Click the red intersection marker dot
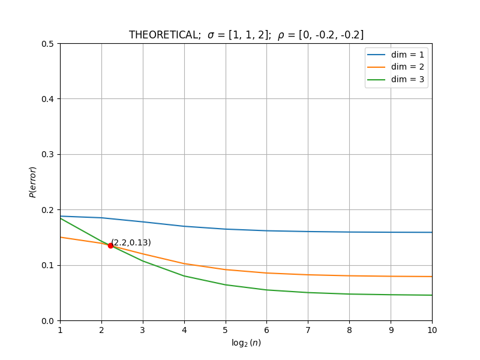110,245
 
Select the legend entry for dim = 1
395,55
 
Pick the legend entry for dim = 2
395,67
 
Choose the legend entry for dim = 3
395,80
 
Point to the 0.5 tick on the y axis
47,44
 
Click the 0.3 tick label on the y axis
47,155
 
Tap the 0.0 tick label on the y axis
47,321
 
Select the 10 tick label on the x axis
432,331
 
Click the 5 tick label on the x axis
226,331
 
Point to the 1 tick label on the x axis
61,331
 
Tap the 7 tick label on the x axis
308,331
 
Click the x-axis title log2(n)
246,343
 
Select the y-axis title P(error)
33,182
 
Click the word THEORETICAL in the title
164,35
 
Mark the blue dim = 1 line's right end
432,232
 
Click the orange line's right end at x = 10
432,277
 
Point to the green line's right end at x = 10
432,295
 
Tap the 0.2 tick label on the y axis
47,210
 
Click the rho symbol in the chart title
281,36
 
